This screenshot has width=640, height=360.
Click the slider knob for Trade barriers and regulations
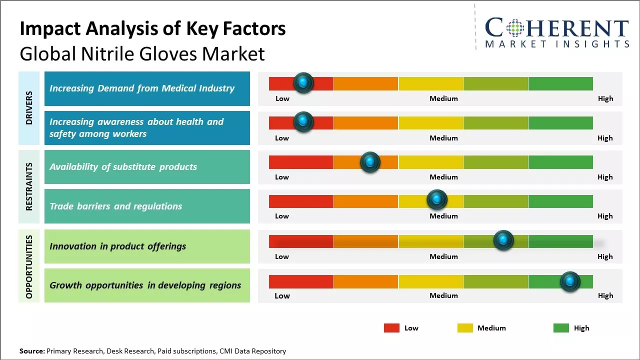pyautogui.click(x=437, y=200)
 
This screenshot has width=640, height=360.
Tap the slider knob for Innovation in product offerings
pyautogui.click(x=503, y=240)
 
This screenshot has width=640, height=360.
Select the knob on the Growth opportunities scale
pyautogui.click(x=569, y=281)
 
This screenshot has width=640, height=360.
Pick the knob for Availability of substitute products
pyautogui.click(x=370, y=162)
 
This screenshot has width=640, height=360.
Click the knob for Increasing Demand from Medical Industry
pyautogui.click(x=303, y=82)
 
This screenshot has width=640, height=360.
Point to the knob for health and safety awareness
pyautogui.click(x=303, y=121)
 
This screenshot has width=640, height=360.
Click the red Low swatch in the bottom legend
pyautogui.click(x=391, y=328)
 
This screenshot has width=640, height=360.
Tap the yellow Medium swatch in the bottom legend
pyautogui.click(x=465, y=328)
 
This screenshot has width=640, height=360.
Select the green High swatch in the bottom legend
pyautogui.click(x=561, y=328)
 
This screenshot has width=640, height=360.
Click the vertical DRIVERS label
pyautogui.click(x=29, y=107)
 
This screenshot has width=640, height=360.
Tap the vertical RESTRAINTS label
pyautogui.click(x=29, y=186)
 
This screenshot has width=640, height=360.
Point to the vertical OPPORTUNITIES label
pyautogui.click(x=29, y=266)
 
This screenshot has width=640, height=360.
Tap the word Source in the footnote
pyautogui.click(x=32, y=351)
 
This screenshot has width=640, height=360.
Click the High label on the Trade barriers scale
pyautogui.click(x=605, y=216)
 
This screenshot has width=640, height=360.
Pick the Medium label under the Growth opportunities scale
pyautogui.click(x=443, y=295)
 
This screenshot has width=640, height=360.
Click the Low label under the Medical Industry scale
pyautogui.click(x=282, y=98)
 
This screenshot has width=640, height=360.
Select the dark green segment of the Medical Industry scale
pyautogui.click(x=560, y=83)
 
